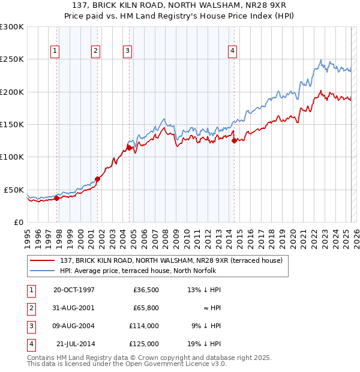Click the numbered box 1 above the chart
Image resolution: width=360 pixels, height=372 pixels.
pyautogui.click(x=55, y=52)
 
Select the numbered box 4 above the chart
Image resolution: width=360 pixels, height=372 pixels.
pyautogui.click(x=232, y=52)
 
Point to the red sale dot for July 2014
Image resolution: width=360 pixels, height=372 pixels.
pyautogui.click(x=235, y=140)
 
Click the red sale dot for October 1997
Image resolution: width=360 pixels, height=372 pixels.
pyautogui.click(x=57, y=198)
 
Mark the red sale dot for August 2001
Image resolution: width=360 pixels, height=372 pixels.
pyautogui.click(x=98, y=179)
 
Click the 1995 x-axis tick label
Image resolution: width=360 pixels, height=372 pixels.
pyautogui.click(x=27, y=238)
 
